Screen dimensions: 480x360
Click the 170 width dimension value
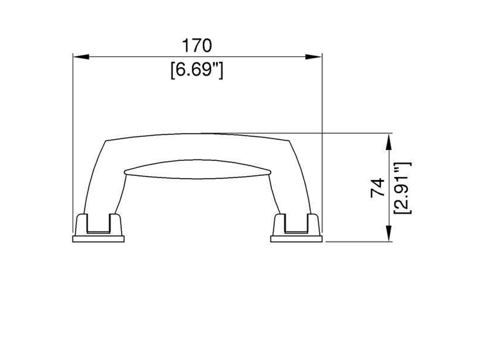[x=197, y=45]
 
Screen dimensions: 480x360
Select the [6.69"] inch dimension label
[x=197, y=70]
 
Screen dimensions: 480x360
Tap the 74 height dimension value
[x=377, y=187]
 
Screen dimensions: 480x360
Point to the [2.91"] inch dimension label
[x=402, y=187]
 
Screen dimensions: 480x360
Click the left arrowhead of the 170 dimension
[x=81, y=57]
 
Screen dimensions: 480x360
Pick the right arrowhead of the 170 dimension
[x=314, y=57]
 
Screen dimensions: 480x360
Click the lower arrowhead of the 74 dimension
[x=389, y=233]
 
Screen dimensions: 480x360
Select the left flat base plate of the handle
[x=98, y=239]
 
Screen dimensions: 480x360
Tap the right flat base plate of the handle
[x=296, y=239]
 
